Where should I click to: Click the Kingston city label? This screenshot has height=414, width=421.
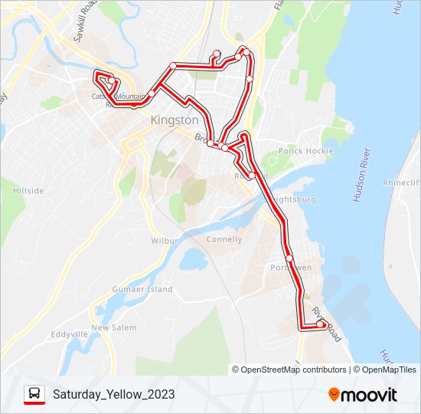coord(175,120)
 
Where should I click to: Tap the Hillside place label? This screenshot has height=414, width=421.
coord(28,191)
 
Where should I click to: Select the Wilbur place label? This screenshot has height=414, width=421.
coord(165,241)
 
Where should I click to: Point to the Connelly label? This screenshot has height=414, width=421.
coord(224,239)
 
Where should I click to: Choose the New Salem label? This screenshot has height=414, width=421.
coord(113,328)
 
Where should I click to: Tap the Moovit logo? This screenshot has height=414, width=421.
coord(363,395)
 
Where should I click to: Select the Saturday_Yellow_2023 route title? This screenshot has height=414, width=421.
coord(113,395)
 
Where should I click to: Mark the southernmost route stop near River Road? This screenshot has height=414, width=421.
coord(320,324)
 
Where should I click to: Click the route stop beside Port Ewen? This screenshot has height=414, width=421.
coord(289,258)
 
